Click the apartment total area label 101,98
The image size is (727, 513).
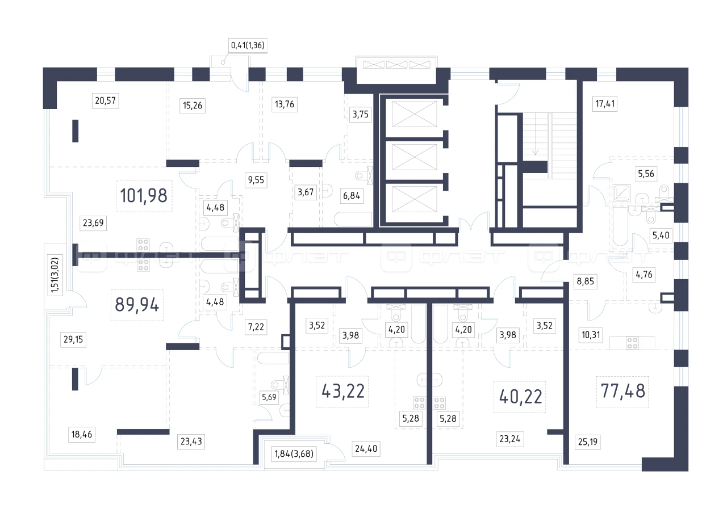pyautogui.click(x=144, y=196)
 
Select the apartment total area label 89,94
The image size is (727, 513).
pyautogui.click(x=137, y=305)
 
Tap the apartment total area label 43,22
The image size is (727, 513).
pyautogui.click(x=343, y=391)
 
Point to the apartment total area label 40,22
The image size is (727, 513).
pyautogui.click(x=521, y=397)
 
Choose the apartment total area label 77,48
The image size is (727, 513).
pyautogui.click(x=623, y=391)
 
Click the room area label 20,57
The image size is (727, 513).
pyautogui.click(x=106, y=100)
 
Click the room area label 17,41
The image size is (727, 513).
pyautogui.click(x=605, y=104)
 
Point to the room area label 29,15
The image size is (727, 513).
pyautogui.click(x=73, y=339)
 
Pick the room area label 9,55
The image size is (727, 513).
pyautogui.click(x=256, y=180)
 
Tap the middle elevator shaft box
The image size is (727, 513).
pyautogui.click(x=415, y=157)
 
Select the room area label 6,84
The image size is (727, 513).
pyautogui.click(x=352, y=196)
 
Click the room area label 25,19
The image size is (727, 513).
pyautogui.click(x=588, y=441)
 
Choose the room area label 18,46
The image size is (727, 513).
pyautogui.click(x=82, y=434)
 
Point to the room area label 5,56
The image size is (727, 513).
pyautogui.click(x=646, y=174)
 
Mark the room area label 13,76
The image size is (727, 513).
pyautogui.click(x=285, y=104)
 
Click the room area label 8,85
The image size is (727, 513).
pyautogui.click(x=586, y=281)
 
